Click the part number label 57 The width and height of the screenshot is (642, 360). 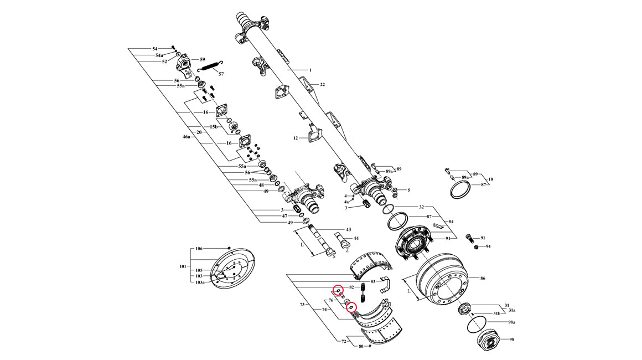click(x=221, y=74)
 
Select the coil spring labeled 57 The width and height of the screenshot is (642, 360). click(x=209, y=66)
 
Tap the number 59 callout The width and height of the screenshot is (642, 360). click(x=203, y=59)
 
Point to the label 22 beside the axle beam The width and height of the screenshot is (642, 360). click(x=322, y=85)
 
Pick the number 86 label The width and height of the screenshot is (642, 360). click(x=483, y=278)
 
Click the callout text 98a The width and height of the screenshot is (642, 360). click(x=511, y=322)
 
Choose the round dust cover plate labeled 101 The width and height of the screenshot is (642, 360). click(x=234, y=268)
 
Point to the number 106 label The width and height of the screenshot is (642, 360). click(x=199, y=249)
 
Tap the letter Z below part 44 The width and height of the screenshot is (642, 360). click(x=347, y=250)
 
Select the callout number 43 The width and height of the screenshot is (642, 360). click(x=349, y=229)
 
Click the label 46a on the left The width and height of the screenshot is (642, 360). click(x=187, y=136)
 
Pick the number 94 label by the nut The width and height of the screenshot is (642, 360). click(x=488, y=246)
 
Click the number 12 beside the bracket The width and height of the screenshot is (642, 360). click(x=296, y=138)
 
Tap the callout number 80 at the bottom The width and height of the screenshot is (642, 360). click(x=361, y=347)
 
